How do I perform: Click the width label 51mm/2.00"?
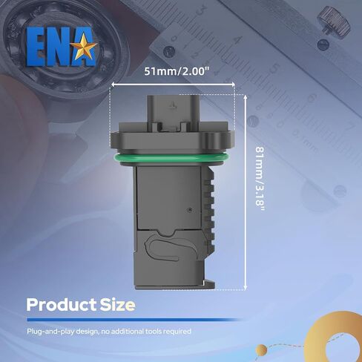pos(175,72)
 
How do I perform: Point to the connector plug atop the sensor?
pos(175,111)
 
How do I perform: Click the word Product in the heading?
pos(59,305)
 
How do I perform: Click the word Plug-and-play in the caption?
pos(48,331)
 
